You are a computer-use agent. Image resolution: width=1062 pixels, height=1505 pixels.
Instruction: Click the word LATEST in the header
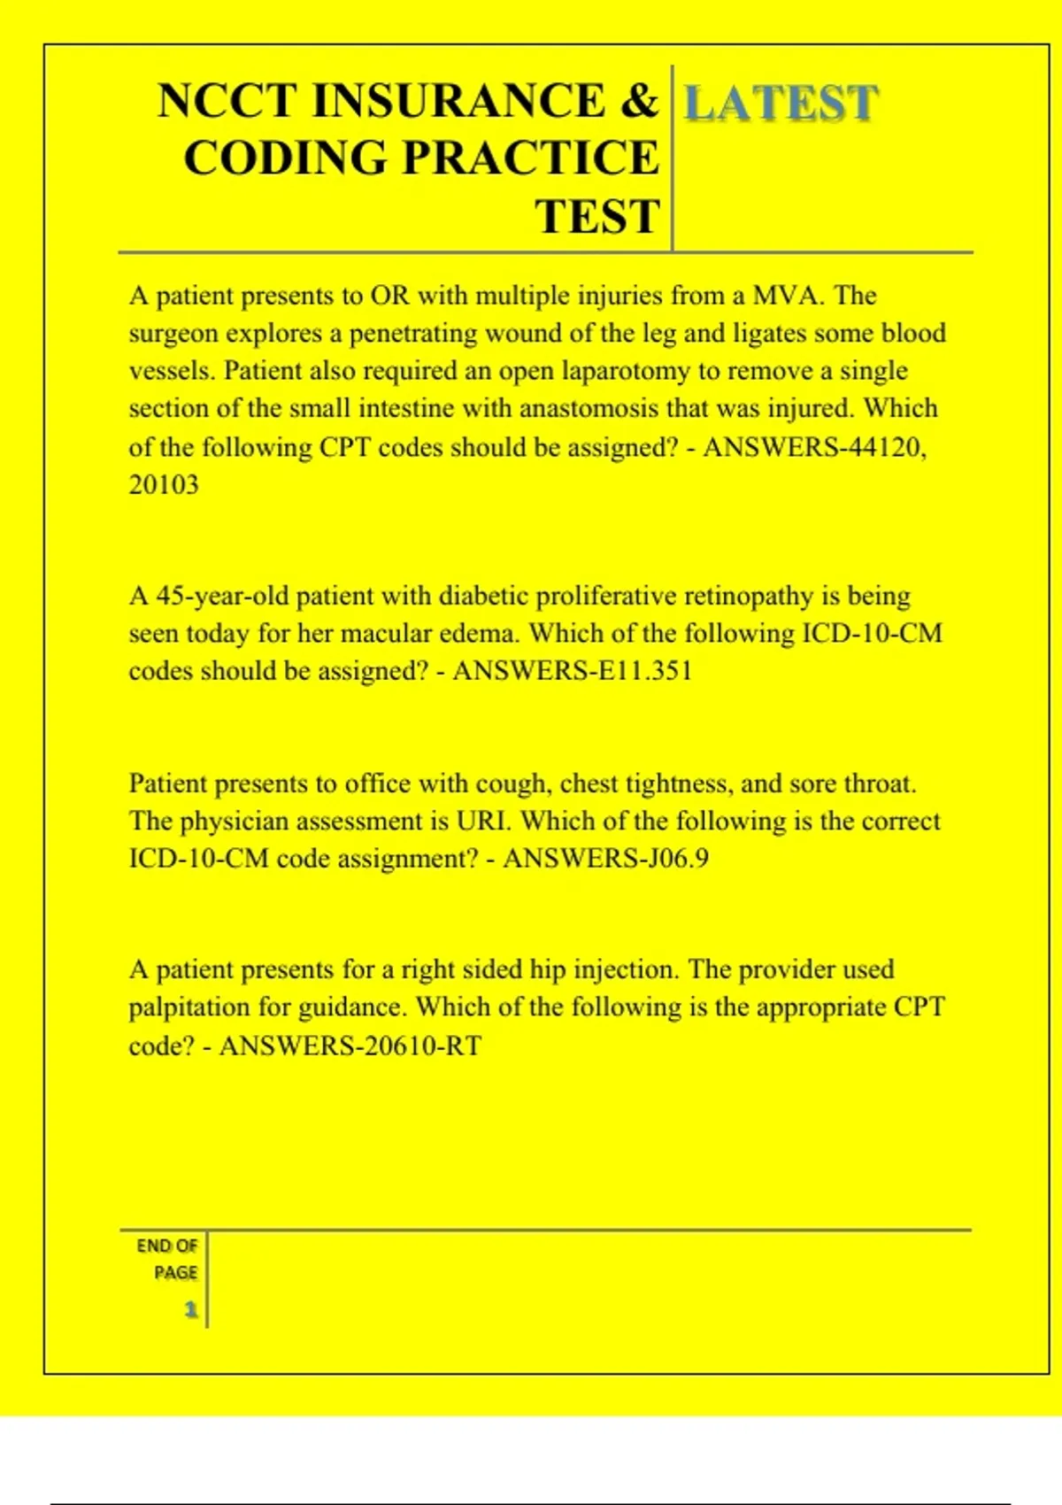pos(781,103)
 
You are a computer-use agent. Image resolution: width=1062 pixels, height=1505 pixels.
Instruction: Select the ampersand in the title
pos(639,100)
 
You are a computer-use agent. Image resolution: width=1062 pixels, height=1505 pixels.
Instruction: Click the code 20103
pos(164,484)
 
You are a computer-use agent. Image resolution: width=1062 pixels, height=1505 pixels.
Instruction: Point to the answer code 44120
pos(885,446)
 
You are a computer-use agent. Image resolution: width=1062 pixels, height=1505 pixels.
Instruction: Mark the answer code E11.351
pos(645,670)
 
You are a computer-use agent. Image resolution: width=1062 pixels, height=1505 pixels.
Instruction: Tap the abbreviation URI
pos(483,821)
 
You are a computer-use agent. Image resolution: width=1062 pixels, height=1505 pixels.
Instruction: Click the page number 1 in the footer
pos(190,1308)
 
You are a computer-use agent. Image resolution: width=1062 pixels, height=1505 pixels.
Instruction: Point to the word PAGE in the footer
pos(175,1272)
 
